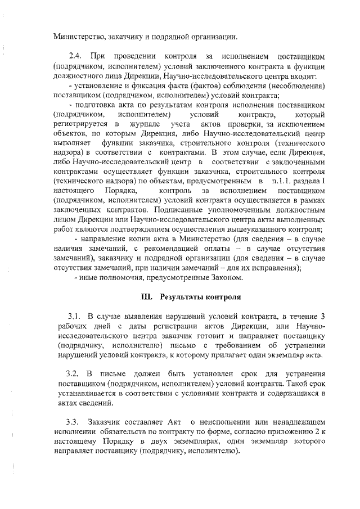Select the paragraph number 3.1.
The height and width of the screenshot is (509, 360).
coord(75,317)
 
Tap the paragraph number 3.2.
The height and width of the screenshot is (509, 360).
coord(74,374)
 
